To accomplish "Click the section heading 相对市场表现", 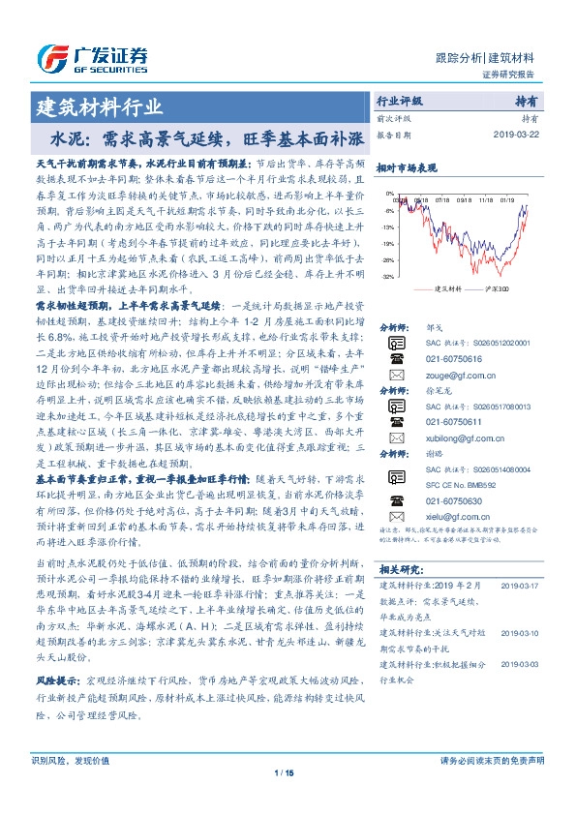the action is tap(400, 168).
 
